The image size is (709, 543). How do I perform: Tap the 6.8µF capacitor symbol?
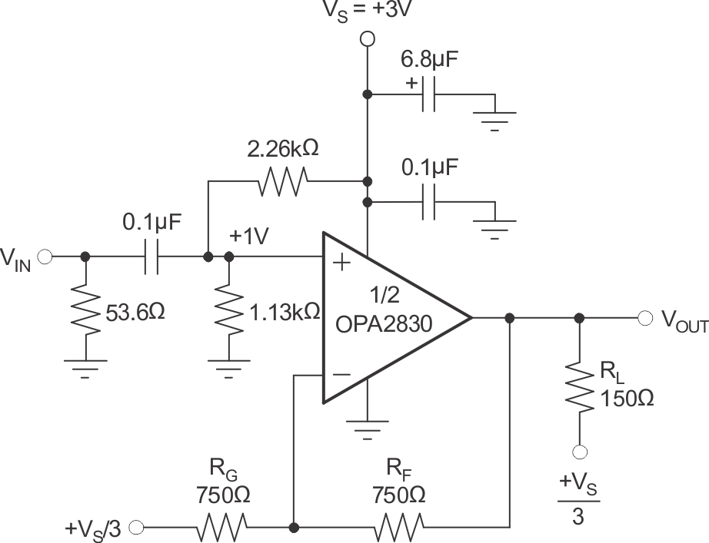point(431,94)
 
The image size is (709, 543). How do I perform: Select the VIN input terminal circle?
point(45,257)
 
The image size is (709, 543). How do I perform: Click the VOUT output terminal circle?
point(644,318)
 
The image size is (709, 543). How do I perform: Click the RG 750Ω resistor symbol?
point(223,528)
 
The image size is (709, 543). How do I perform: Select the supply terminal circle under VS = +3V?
point(368,38)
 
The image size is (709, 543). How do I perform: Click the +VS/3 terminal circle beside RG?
point(137,528)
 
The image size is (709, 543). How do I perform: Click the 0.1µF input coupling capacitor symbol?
point(151,257)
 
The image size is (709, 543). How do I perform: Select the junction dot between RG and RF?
point(293,528)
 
